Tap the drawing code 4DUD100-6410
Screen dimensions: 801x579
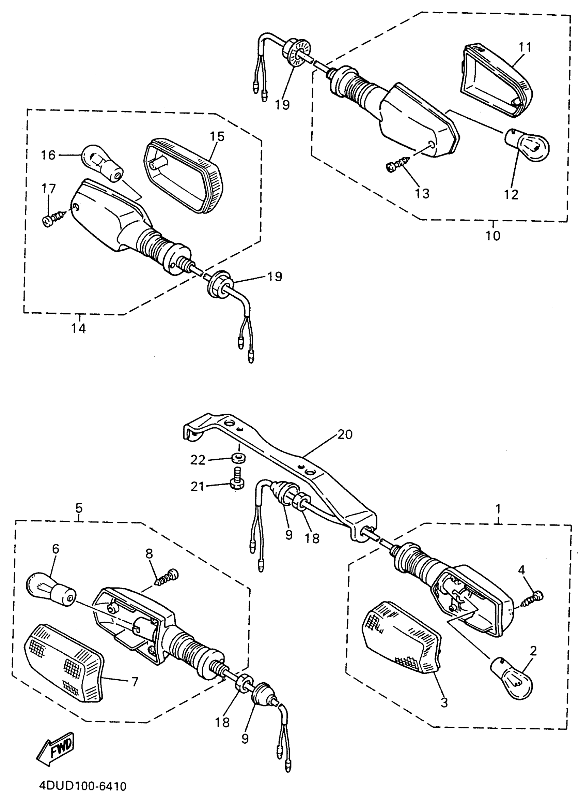pyautogui.click(x=82, y=786)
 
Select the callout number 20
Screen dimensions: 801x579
pyautogui.click(x=345, y=434)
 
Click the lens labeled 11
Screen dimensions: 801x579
pyautogui.click(x=496, y=79)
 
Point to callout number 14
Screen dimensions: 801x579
pyautogui.click(x=79, y=328)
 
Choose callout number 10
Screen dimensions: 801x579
pyautogui.click(x=493, y=236)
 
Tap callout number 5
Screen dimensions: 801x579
pyautogui.click(x=79, y=508)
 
